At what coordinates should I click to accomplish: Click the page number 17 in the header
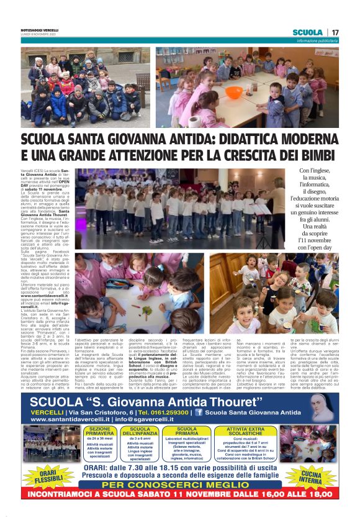335,32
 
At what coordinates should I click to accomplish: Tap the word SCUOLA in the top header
307,32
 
